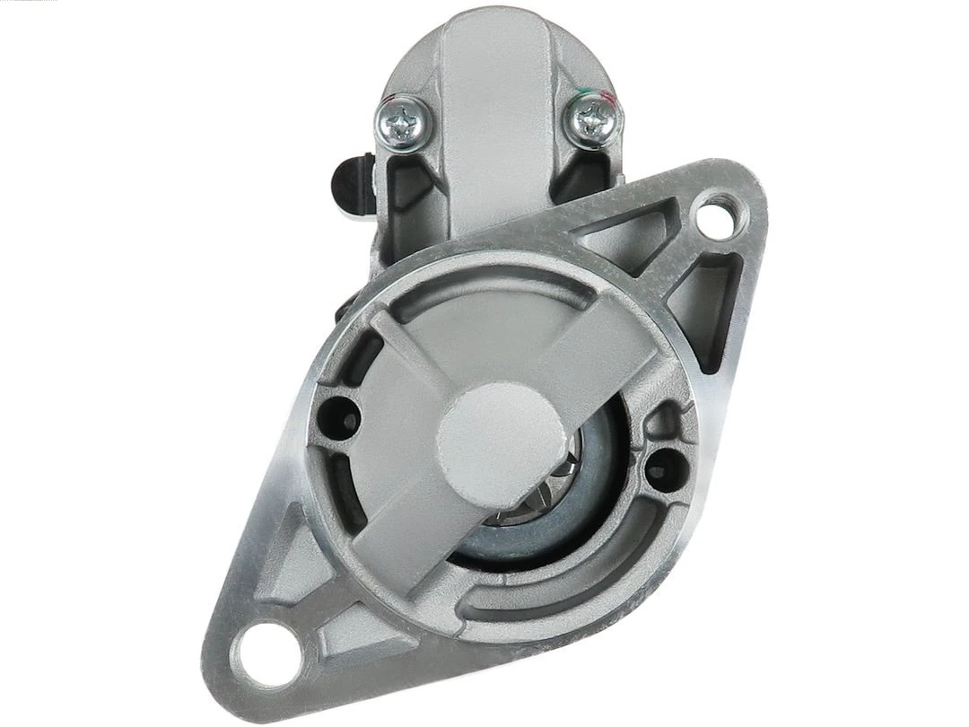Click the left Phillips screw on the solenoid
click(401, 117)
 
